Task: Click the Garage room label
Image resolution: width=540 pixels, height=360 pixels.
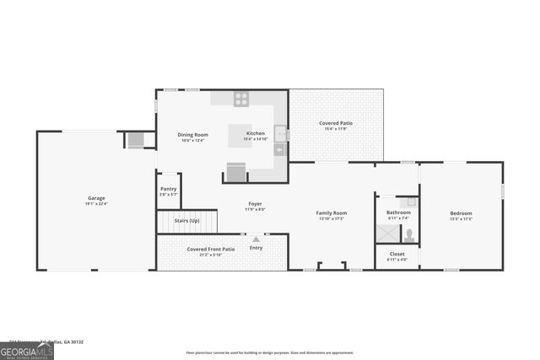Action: pyautogui.click(x=95, y=198)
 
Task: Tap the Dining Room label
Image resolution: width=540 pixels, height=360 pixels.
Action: pyautogui.click(x=192, y=134)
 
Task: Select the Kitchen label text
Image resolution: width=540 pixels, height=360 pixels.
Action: pyautogui.click(x=256, y=133)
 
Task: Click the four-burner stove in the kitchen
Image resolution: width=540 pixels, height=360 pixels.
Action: pyautogui.click(x=241, y=98)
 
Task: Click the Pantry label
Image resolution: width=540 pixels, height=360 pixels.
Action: pyautogui.click(x=169, y=190)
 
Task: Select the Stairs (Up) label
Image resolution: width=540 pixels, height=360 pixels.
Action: pyautogui.click(x=186, y=221)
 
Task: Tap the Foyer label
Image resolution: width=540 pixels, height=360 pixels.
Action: pyautogui.click(x=255, y=204)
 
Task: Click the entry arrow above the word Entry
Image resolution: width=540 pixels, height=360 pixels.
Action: pyautogui.click(x=256, y=239)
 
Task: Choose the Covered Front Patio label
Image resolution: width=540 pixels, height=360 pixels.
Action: pyautogui.click(x=211, y=250)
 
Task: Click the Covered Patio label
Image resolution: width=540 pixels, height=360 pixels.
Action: pyautogui.click(x=335, y=124)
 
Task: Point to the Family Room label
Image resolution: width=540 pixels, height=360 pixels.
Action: pyautogui.click(x=332, y=213)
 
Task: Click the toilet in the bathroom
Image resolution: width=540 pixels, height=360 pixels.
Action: pyautogui.click(x=408, y=234)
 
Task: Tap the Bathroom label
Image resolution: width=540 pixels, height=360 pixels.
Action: pyautogui.click(x=398, y=212)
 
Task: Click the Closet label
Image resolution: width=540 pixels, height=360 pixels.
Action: pyautogui.click(x=397, y=254)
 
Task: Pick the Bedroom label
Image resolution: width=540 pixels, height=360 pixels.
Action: pyautogui.click(x=461, y=213)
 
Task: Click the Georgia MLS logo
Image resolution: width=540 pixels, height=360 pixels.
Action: pyautogui.click(x=27, y=350)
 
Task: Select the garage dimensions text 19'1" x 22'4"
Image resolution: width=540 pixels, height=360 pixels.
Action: pyautogui.click(x=95, y=204)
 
